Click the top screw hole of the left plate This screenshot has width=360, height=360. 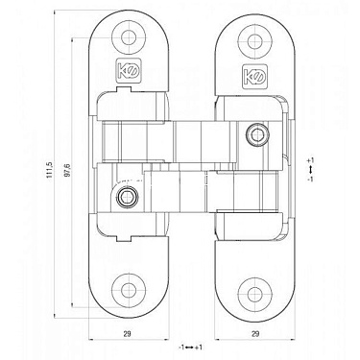127,39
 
